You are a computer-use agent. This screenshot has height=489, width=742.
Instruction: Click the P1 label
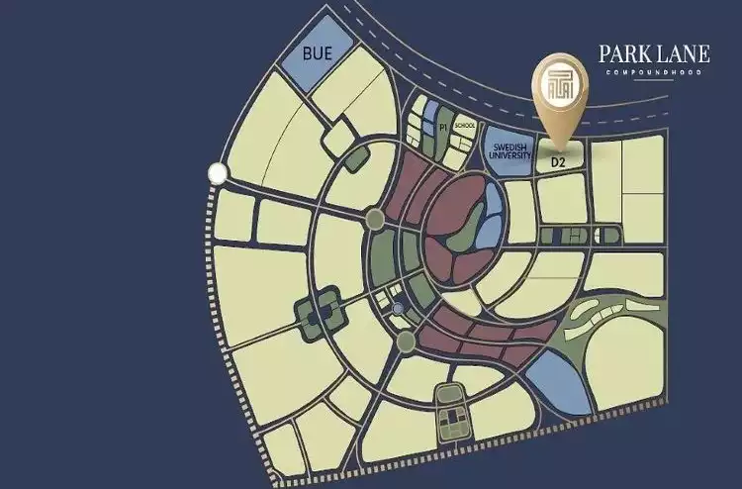pos(443,128)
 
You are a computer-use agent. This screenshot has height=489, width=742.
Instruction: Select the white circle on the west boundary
pos(217,175)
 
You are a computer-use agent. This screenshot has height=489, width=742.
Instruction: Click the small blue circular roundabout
pos(398,310)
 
